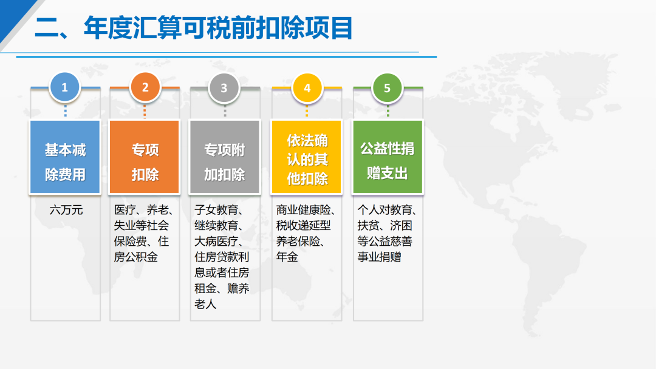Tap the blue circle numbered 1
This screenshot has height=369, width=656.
pyautogui.click(x=65, y=87)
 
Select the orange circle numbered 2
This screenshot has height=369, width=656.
pyautogui.click(x=145, y=87)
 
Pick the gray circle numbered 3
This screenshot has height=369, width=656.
pyautogui.click(x=224, y=87)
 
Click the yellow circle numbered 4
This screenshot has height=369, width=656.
pyautogui.click(x=307, y=88)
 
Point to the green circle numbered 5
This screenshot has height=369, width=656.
pyautogui.click(x=387, y=88)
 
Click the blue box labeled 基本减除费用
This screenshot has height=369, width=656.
pyautogui.click(x=65, y=157)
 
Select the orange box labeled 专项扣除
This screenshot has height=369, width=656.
pyautogui.click(x=145, y=157)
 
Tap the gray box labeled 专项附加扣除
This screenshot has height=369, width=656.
pyautogui.click(x=225, y=157)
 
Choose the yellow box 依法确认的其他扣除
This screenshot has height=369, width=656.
pyautogui.click(x=307, y=157)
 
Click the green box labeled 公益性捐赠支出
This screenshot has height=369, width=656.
pyautogui.click(x=388, y=157)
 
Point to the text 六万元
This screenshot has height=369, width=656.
pyautogui.click(x=66, y=210)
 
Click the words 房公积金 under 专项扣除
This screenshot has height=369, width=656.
pyautogui.click(x=135, y=257)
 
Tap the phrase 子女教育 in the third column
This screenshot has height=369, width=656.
pyautogui.click(x=216, y=210)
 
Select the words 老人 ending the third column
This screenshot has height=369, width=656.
pyautogui.click(x=205, y=304)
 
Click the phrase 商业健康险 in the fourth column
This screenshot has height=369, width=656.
pyautogui.click(x=303, y=210)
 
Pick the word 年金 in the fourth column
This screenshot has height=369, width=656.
pyautogui.click(x=287, y=257)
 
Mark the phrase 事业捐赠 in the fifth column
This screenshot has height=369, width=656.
pyautogui.click(x=379, y=257)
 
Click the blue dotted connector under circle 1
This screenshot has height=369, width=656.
pyautogui.click(x=65, y=111)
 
